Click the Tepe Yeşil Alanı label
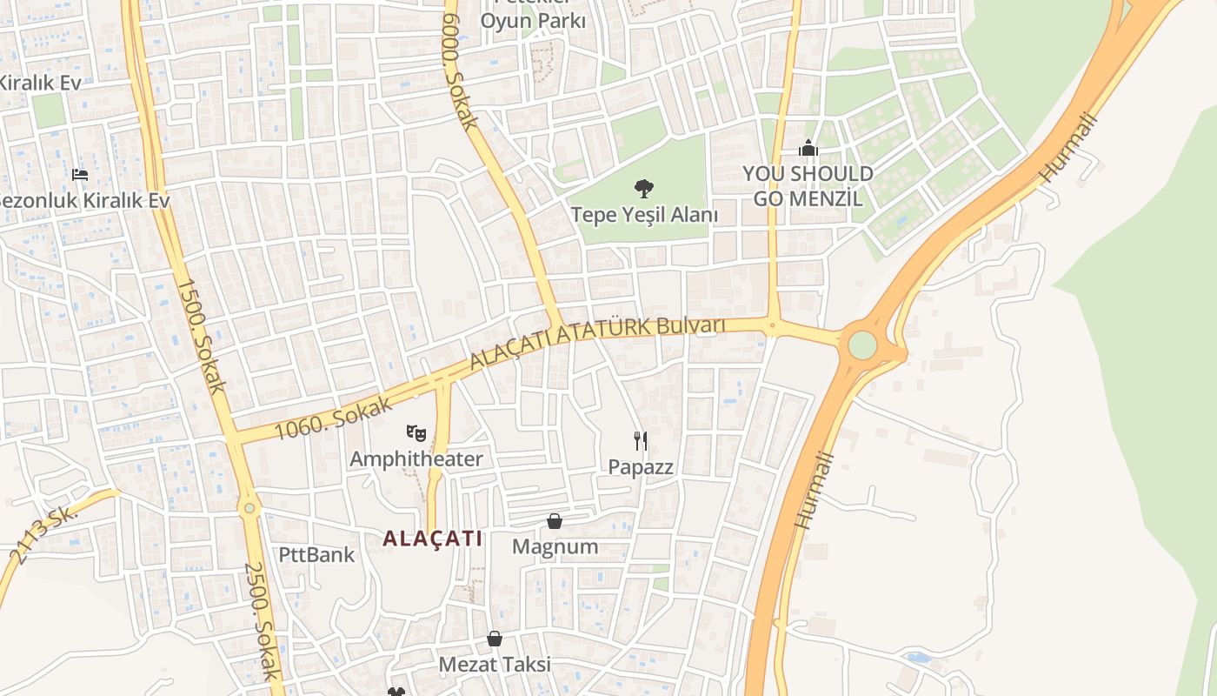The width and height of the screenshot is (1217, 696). [x=644, y=215]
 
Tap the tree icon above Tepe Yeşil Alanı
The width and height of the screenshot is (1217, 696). [x=644, y=187]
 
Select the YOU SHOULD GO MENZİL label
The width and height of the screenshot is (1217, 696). [x=808, y=185]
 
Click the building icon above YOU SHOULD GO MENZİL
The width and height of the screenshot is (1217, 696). [x=808, y=149]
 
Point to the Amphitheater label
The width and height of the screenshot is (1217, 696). [x=416, y=458]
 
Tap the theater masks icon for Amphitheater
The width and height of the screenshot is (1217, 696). [x=416, y=432]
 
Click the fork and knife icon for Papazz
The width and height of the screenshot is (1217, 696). [x=641, y=441]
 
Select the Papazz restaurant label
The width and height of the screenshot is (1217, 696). [x=641, y=467]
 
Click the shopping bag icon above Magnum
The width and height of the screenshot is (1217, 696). [x=555, y=521]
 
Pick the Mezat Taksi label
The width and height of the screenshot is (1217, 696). [x=494, y=665]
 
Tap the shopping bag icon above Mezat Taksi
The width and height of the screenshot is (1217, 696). [x=495, y=639]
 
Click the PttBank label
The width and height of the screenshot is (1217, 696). [x=316, y=554]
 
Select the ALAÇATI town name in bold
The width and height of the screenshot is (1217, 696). [x=433, y=539]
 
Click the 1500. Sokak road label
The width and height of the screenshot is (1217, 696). [x=201, y=336]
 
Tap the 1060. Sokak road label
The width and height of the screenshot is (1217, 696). [x=333, y=418]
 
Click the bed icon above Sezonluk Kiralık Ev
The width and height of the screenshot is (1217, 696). [x=80, y=175]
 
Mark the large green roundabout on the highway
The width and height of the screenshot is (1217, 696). [x=861, y=345]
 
